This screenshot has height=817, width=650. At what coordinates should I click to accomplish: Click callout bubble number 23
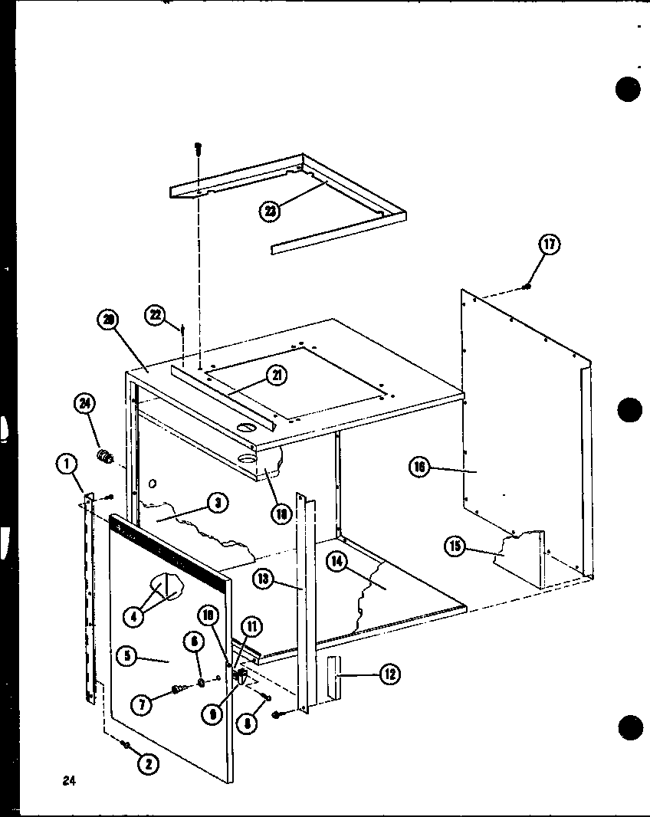click(x=269, y=211)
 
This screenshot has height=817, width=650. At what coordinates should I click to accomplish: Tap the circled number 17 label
click(x=549, y=245)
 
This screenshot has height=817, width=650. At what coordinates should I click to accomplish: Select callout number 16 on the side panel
click(x=419, y=467)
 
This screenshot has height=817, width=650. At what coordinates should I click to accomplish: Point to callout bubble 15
click(x=456, y=546)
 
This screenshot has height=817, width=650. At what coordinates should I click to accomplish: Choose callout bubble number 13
click(x=264, y=580)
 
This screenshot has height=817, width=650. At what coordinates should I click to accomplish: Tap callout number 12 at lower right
click(x=389, y=674)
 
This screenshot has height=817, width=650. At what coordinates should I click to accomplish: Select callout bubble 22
click(x=157, y=314)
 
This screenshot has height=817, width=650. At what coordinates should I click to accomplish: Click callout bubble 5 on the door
click(x=127, y=655)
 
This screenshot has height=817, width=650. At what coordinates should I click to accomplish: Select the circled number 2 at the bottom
click(x=149, y=763)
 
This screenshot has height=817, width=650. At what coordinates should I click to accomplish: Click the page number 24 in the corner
click(x=70, y=782)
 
